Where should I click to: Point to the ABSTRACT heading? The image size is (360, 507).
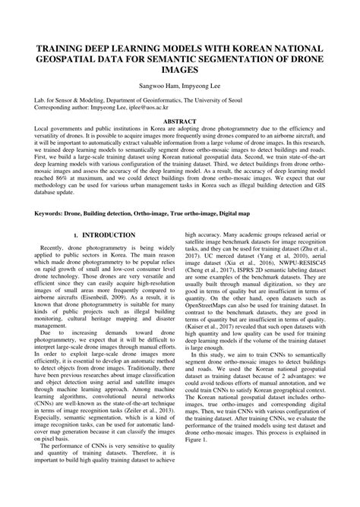pos(180,121)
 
